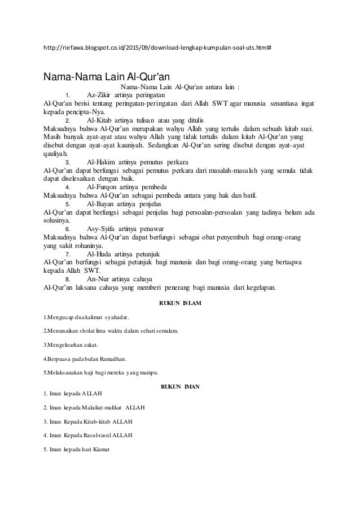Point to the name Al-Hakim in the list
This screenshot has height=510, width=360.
click(101, 162)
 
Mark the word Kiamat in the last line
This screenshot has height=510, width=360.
click(102, 450)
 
